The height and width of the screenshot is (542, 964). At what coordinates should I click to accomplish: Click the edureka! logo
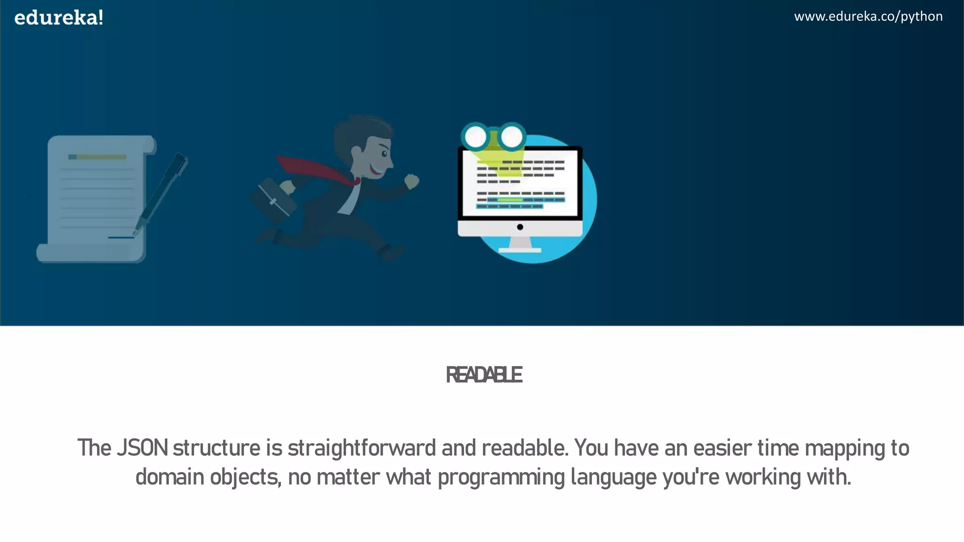59,18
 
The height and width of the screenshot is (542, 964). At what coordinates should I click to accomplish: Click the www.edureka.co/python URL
868,16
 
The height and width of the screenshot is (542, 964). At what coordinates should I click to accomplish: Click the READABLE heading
483,375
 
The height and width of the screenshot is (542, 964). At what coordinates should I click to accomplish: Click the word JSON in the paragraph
142,447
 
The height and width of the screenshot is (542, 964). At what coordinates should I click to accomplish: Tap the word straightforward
361,447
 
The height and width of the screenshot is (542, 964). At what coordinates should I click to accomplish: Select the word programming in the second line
501,477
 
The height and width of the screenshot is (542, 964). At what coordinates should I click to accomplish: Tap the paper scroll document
96,198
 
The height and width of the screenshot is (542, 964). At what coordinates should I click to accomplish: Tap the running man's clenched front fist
412,181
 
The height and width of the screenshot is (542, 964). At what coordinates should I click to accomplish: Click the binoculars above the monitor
493,136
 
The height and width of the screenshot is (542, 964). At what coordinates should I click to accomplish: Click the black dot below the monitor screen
520,227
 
